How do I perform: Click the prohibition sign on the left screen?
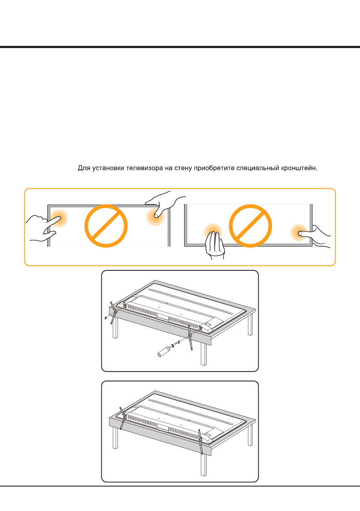coord(106,226)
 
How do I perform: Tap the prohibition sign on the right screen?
coord(250,226)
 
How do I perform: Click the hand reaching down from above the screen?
coord(164,204)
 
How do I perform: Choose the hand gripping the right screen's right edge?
coord(316,236)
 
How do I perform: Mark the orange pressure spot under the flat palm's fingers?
coord(213,232)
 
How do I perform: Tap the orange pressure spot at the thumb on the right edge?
coord(299,233)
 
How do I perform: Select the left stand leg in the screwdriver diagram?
coord(113,312)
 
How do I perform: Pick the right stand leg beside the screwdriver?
coord(190,338)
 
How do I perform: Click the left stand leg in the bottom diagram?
coord(122,418)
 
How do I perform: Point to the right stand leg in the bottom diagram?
coord(200,442)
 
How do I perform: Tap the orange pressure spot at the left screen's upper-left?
coord(59,218)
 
